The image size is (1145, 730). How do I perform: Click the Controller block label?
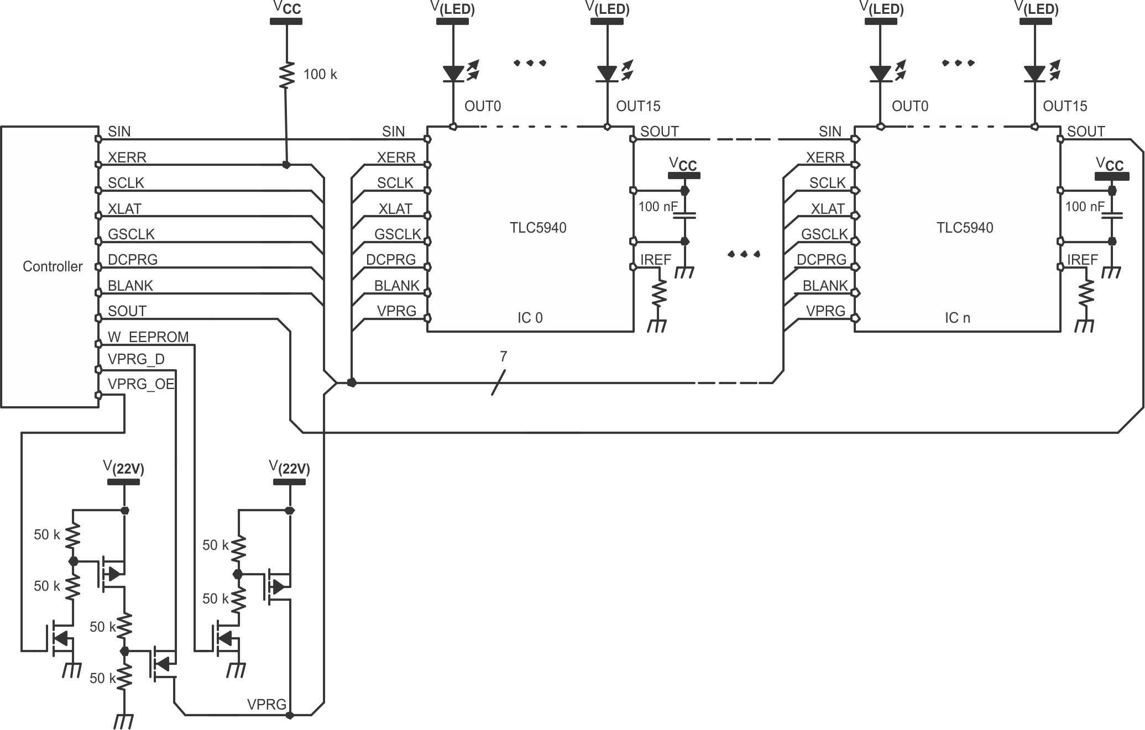[53, 266]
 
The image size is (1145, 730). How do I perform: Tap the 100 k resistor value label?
[320, 75]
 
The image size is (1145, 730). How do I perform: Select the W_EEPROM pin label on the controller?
[148, 337]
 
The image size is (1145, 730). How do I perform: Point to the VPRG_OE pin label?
[141, 384]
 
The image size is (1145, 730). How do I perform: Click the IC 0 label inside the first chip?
[530, 318]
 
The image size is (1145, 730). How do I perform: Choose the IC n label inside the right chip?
[957, 318]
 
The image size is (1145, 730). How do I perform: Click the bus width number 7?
[503, 357]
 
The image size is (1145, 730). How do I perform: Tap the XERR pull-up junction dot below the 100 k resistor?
[286, 165]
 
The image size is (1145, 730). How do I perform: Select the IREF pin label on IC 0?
[656, 260]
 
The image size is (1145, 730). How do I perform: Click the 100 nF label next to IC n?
[1084, 207]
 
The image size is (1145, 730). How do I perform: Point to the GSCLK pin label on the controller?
[131, 234]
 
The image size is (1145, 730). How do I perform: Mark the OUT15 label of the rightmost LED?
[1065, 106]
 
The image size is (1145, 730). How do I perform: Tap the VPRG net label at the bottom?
[266, 705]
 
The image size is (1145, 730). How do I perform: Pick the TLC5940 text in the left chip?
[538, 228]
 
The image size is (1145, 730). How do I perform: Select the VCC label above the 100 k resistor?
[286, 8]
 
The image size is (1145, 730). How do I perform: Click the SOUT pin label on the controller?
[127, 311]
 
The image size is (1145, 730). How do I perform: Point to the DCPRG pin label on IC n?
[821, 260]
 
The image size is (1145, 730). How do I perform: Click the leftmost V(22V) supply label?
[123, 468]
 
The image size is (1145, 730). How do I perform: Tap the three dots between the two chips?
[744, 254]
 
